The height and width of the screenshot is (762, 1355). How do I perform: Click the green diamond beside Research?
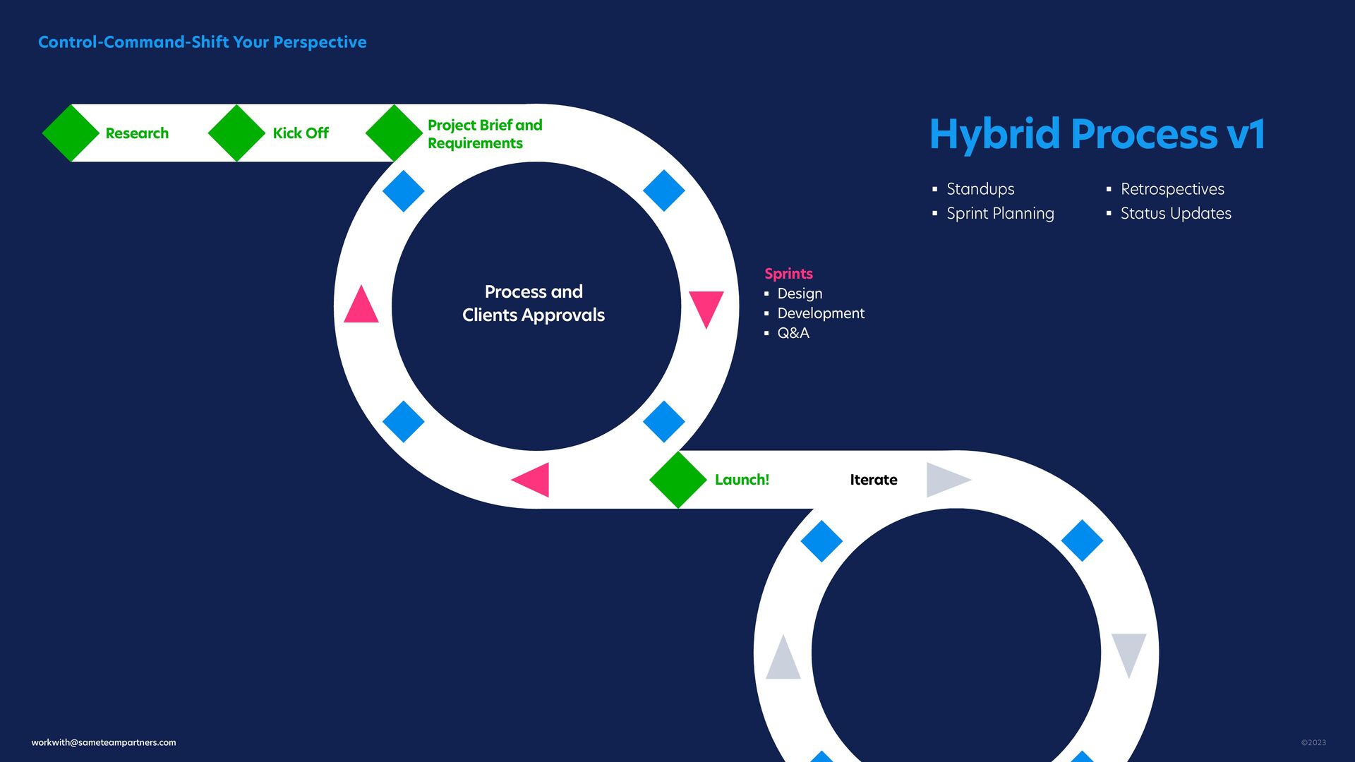(x=71, y=133)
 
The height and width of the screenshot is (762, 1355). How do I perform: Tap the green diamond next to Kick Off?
(x=236, y=133)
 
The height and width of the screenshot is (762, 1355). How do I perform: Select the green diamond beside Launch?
(x=677, y=480)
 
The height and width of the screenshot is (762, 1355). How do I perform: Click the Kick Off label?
(x=301, y=133)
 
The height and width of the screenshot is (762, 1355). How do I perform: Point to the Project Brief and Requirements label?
(x=485, y=134)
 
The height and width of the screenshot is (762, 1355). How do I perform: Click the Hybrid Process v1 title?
(x=1097, y=134)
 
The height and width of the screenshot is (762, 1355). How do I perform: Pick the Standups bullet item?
(x=980, y=189)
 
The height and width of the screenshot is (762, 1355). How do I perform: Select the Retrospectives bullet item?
(x=1172, y=189)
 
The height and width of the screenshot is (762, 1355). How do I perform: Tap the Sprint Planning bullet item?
(x=999, y=213)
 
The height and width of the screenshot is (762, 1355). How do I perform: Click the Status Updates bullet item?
(x=1175, y=213)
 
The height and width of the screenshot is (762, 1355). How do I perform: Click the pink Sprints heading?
(x=788, y=274)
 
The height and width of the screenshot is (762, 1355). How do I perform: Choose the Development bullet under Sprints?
(x=820, y=313)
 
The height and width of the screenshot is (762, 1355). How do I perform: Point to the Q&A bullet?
(x=793, y=333)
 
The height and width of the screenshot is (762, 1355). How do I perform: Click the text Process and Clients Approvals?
(x=534, y=303)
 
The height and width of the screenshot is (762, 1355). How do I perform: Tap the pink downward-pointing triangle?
(x=706, y=307)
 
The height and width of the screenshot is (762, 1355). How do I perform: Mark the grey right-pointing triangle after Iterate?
(x=946, y=480)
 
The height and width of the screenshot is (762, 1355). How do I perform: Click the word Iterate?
(x=873, y=480)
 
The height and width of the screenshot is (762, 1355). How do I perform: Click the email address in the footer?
(x=104, y=742)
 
